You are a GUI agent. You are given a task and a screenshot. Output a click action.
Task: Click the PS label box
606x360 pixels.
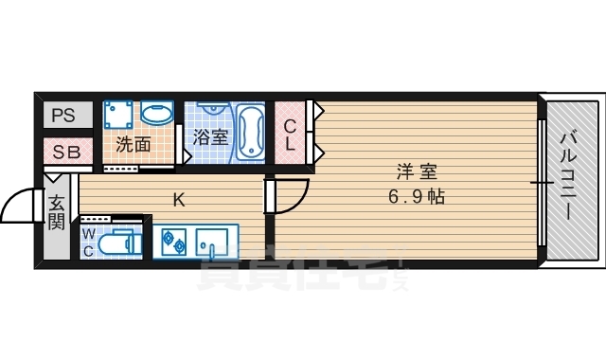[63, 117]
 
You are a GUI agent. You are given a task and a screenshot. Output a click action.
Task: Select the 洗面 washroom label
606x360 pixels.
[134, 145]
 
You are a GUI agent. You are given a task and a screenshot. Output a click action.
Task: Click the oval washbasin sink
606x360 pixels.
[157, 115]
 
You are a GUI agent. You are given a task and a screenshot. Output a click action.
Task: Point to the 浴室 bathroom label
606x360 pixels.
[209, 137]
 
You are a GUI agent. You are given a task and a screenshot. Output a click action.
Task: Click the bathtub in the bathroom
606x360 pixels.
[250, 132]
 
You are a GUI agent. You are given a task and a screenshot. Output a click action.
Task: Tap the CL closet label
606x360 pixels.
[290, 135]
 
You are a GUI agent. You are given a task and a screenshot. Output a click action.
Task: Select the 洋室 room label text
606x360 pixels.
[416, 172]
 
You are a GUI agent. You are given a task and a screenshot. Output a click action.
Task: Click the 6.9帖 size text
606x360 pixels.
[416, 198]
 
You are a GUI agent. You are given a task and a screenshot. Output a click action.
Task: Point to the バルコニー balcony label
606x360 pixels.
[568, 177]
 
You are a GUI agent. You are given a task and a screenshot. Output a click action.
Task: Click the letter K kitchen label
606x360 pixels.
[178, 199]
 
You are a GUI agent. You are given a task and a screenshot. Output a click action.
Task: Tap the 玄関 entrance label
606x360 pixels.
[57, 211]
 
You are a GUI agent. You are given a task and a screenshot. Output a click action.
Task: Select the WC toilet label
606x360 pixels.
[88, 243]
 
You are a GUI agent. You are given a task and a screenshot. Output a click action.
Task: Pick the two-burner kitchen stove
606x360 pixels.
[173, 242]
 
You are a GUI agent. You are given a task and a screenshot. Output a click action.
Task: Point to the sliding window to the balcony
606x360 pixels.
[542, 180]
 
